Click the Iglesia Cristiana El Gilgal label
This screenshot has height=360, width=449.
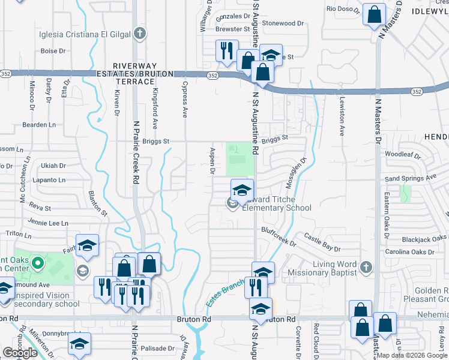click(x=85, y=33)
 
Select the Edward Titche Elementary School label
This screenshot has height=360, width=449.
click(x=276, y=204)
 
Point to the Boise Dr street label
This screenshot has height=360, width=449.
click(x=53, y=51)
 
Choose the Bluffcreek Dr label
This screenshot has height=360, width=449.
click(x=279, y=236)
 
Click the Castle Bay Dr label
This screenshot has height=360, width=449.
click(x=322, y=242)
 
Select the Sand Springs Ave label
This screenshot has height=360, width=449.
click(x=410, y=178)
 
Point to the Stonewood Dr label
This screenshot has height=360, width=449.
click(x=284, y=23)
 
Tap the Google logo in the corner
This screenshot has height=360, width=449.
click(x=20, y=352)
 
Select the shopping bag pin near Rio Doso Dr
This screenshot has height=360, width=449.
click(x=374, y=15)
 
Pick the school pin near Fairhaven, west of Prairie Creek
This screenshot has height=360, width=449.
click(x=88, y=245)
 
